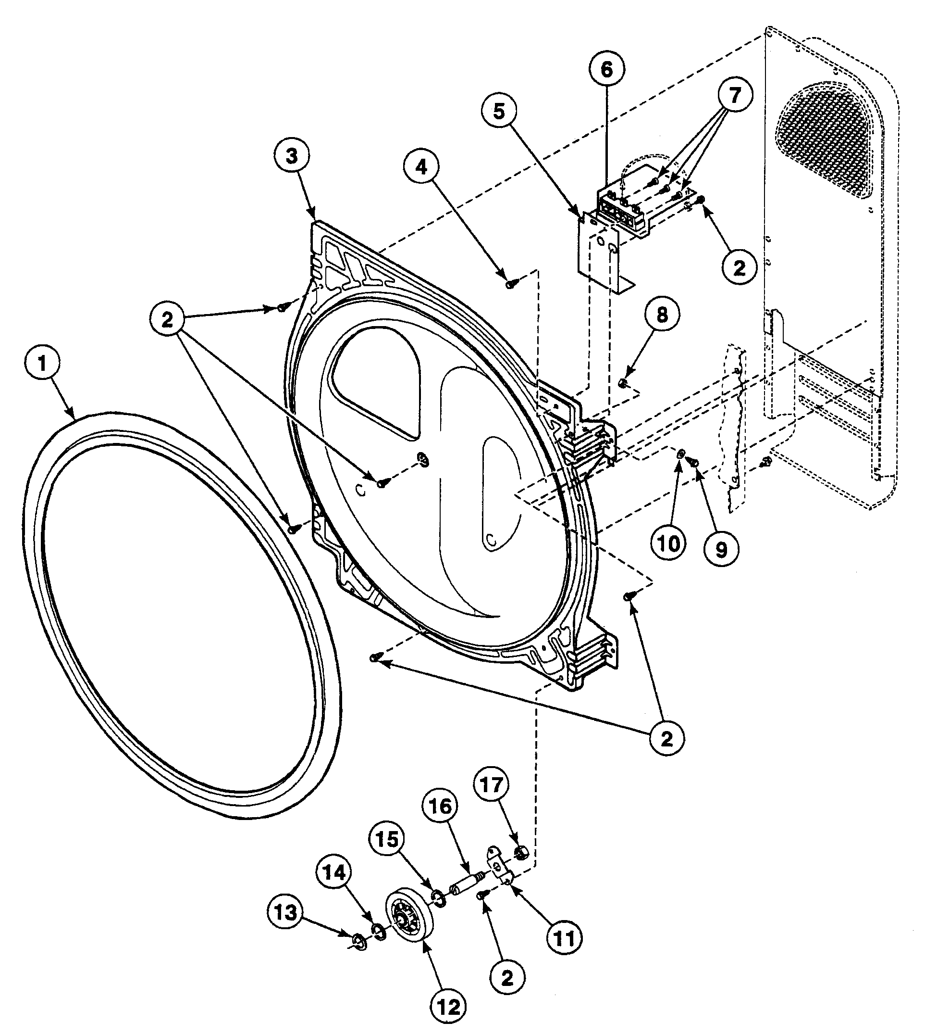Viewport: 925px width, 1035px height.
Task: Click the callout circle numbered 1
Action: (42, 364)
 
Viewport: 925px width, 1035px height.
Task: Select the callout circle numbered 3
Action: (291, 156)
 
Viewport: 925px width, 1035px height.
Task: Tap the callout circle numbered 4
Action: (421, 166)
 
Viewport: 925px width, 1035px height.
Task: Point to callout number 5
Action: (500, 111)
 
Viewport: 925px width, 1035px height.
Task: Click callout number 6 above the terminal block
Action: (607, 70)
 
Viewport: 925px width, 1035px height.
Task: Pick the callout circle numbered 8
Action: (662, 315)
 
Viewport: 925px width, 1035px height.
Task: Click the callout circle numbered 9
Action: (721, 549)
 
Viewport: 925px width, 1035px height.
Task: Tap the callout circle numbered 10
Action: (669, 543)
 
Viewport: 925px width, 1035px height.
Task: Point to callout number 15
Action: (387, 840)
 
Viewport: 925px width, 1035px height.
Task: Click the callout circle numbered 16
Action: (440, 806)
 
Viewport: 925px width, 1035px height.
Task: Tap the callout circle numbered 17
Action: (492, 785)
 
